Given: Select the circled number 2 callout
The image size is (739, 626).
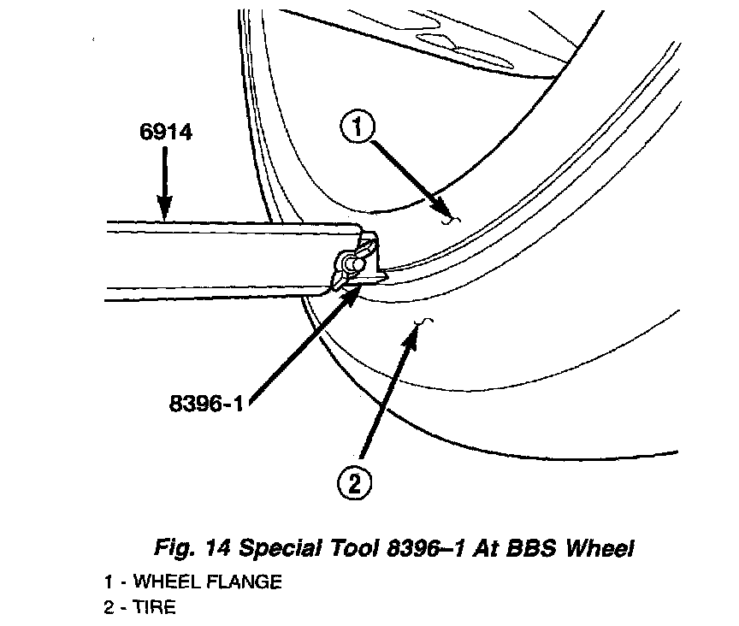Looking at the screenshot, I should (x=353, y=483).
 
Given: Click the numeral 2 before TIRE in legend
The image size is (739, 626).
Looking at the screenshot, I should (x=109, y=607).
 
